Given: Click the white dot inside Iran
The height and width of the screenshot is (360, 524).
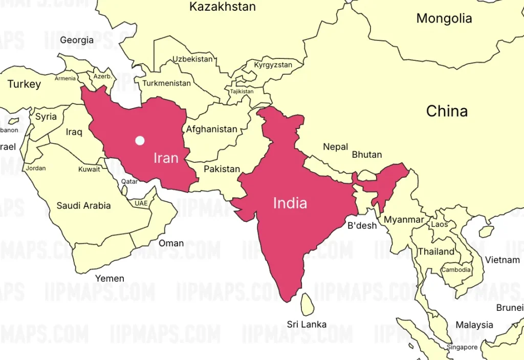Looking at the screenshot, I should click(x=140, y=140).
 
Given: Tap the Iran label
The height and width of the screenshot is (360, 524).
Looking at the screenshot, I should click(x=166, y=157).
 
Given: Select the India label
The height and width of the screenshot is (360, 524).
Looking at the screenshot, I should click(x=290, y=203).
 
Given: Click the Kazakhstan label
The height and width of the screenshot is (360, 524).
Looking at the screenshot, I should click(x=223, y=7).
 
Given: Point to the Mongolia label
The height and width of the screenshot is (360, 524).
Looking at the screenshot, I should click(x=444, y=18).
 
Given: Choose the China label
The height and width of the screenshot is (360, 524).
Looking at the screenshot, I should click(x=447, y=111).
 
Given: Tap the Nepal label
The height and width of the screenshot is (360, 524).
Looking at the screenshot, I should click(x=335, y=147).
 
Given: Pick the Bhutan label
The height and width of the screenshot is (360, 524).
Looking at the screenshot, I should click(x=367, y=155).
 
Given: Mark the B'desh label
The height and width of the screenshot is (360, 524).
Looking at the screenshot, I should click(x=362, y=225).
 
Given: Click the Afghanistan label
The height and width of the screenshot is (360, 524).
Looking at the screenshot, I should click(x=211, y=129).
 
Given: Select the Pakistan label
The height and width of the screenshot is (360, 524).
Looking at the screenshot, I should click(x=222, y=169).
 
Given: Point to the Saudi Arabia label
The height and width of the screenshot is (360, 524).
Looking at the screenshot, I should click(x=83, y=206).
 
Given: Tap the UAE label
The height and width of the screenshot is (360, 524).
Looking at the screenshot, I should click(x=141, y=203).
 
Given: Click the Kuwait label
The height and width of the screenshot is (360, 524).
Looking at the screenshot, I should click(x=89, y=169).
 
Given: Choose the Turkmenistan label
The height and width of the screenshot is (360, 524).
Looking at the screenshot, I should click(x=166, y=83).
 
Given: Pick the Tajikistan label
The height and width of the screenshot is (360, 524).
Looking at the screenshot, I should click(x=242, y=92).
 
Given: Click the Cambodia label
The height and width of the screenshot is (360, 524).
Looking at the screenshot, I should click(x=456, y=270).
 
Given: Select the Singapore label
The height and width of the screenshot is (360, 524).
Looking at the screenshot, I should click(x=462, y=347).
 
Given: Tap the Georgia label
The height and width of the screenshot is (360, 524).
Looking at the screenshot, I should click(x=77, y=40).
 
